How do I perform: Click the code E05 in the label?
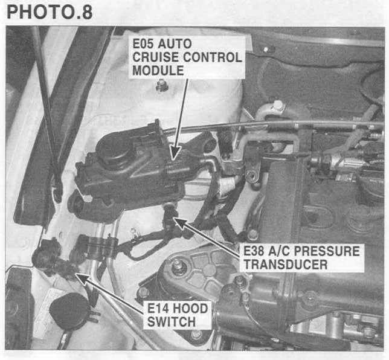[143, 43]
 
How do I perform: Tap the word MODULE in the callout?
[158, 70]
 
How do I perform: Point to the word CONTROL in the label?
[213, 57]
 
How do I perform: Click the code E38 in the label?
[254, 251]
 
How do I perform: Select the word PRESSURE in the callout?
[329, 251]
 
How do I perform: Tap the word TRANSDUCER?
[286, 265]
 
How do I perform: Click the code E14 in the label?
[158, 309]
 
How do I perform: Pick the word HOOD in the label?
[190, 309]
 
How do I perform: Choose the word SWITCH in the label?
[172, 322]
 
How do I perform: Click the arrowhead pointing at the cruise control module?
[175, 152]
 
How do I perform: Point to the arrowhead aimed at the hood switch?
[83, 278]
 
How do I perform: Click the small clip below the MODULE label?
[161, 85]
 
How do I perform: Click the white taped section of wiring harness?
[227, 185]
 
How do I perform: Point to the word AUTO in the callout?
[175, 43]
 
